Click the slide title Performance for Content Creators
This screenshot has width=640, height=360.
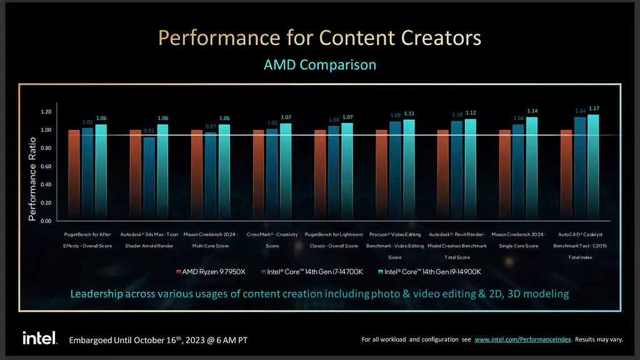319,38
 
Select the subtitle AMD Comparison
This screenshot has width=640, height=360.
319,64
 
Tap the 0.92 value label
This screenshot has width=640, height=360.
149,131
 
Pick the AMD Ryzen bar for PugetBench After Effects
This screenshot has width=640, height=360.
74,175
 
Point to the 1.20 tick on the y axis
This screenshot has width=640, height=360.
45,112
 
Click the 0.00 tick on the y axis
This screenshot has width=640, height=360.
45,221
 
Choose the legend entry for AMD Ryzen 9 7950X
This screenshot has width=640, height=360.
211,272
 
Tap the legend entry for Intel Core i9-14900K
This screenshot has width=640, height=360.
431,272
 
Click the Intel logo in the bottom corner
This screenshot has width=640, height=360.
40,338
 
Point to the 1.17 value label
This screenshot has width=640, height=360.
593,109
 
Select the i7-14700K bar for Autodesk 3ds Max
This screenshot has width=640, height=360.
149,179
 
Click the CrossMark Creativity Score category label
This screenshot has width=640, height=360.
272,240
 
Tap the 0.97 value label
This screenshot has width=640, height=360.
211,127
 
